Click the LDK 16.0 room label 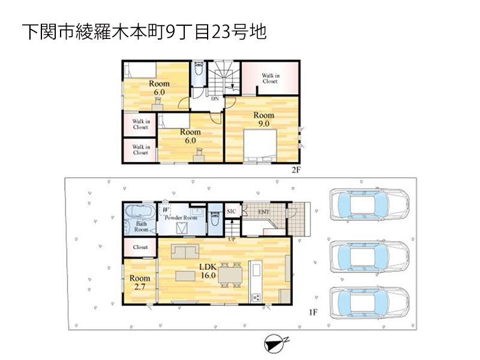208,271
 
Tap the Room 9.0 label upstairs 263,119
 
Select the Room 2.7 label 140,282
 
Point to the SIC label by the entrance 232,212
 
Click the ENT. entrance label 264,212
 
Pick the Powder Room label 181,218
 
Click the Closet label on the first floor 140,247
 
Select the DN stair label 215,98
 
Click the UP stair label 232,239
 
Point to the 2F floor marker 296,170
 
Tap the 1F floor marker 313,312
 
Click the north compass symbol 275,343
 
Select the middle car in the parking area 370,257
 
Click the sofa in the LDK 185,251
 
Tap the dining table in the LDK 230,275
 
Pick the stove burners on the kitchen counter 256,297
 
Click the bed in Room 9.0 260,145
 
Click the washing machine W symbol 166,210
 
